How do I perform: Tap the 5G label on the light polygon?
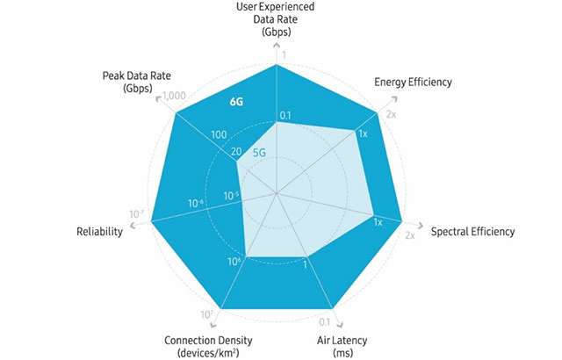coord(259,152)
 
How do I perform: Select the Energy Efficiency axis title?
coord(412,83)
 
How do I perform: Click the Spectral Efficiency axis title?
coord(472,232)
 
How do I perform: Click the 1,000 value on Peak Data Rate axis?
coord(175,97)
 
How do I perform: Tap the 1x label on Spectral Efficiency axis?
coord(378,222)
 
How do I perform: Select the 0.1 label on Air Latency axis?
coord(324,322)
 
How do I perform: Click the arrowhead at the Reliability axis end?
coord(133,227)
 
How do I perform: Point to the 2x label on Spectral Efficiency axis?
coord(409,235)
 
